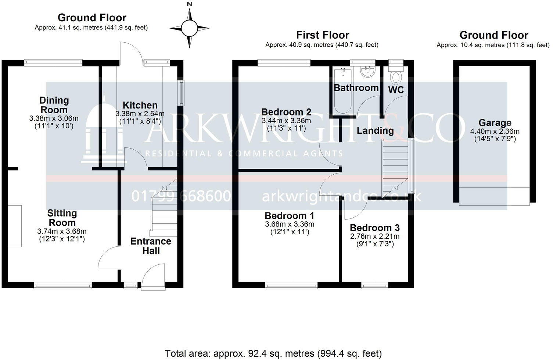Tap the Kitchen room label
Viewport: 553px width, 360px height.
point(140,105)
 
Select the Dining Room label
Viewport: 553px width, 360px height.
point(54,105)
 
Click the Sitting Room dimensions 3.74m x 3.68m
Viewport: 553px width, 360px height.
point(62,231)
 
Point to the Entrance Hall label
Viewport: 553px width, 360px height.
point(151,246)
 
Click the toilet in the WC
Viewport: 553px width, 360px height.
point(396,77)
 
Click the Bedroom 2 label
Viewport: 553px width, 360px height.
point(286,112)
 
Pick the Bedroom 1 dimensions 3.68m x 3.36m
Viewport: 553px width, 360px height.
point(290,224)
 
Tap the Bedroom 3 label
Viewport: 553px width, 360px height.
point(374,228)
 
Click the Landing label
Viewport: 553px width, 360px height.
point(375,131)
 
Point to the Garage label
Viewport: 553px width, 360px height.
point(495,123)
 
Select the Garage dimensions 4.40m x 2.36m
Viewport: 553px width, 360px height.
point(495,131)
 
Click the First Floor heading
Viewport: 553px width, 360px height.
point(322,35)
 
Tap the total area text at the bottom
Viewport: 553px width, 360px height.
point(273,353)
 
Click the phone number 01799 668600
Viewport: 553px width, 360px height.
point(181,196)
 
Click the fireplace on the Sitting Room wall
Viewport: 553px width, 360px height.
point(15,226)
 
